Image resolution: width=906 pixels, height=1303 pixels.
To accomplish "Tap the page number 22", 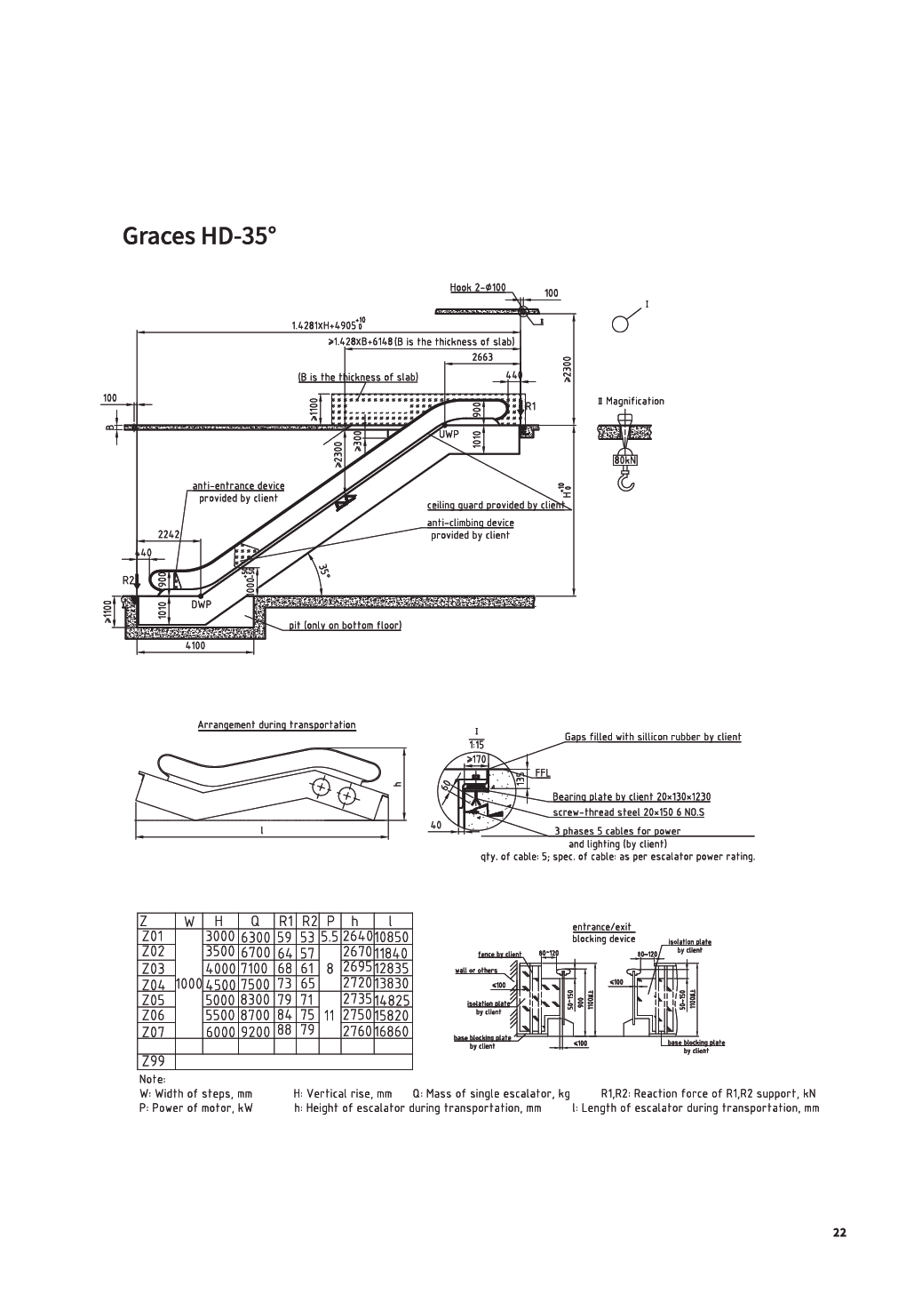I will [x=839, y=1232].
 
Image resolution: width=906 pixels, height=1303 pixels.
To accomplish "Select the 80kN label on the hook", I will [x=625, y=460].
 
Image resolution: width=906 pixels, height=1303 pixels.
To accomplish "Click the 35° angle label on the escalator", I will [x=323, y=569].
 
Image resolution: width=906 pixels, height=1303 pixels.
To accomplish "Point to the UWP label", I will [x=449, y=435].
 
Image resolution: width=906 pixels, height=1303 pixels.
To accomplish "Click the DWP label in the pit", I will [x=202, y=604].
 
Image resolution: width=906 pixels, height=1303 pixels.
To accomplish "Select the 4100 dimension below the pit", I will [x=195, y=646].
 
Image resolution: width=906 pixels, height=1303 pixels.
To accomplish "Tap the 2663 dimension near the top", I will [x=482, y=357].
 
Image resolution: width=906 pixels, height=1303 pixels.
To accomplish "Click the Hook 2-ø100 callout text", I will [x=478, y=287].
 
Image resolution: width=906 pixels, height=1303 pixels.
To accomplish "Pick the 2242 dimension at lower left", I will [x=169, y=534].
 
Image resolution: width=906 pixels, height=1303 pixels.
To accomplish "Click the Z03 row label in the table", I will [x=153, y=968].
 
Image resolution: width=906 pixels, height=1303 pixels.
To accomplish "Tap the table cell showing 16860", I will [x=392, y=1031].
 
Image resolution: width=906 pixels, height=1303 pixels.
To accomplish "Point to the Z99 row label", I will [x=153, y=1062].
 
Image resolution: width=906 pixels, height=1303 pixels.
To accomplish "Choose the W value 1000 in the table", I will [x=189, y=984].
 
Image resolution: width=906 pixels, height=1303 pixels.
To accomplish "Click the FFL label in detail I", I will [x=542, y=773].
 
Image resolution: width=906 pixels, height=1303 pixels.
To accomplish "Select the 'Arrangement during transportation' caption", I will [x=276, y=725].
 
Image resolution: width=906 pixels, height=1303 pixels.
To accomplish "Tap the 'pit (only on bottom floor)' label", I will [x=345, y=626].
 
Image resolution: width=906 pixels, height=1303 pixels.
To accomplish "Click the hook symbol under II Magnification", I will [x=626, y=481].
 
